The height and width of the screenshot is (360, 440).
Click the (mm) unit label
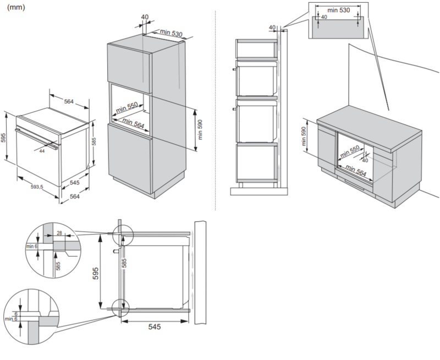tap(16, 8)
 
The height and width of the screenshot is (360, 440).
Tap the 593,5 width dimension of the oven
tap(37, 187)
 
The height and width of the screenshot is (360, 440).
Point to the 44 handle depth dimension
tap(42, 151)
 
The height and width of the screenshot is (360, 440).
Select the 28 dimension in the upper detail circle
tap(59, 233)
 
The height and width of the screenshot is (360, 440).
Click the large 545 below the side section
tap(155, 326)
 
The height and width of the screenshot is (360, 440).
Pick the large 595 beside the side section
tap(96, 273)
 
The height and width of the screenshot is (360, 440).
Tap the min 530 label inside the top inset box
tap(338, 10)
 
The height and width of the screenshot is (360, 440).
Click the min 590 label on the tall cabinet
tap(200, 130)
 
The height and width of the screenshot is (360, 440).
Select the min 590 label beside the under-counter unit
tap(304, 137)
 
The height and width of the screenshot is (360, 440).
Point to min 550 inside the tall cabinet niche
tap(127, 107)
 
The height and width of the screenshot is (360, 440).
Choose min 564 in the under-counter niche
tap(356, 171)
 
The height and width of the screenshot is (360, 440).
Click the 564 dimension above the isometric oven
tap(69, 101)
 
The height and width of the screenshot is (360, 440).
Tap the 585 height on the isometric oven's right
tap(94, 141)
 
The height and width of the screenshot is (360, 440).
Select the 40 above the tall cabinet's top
tap(145, 17)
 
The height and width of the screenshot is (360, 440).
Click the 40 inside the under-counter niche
tap(365, 160)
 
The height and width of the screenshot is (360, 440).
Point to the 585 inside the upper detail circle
tap(58, 266)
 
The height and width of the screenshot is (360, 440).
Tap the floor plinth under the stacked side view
tap(259, 191)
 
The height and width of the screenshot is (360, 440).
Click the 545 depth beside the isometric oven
tap(75, 183)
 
